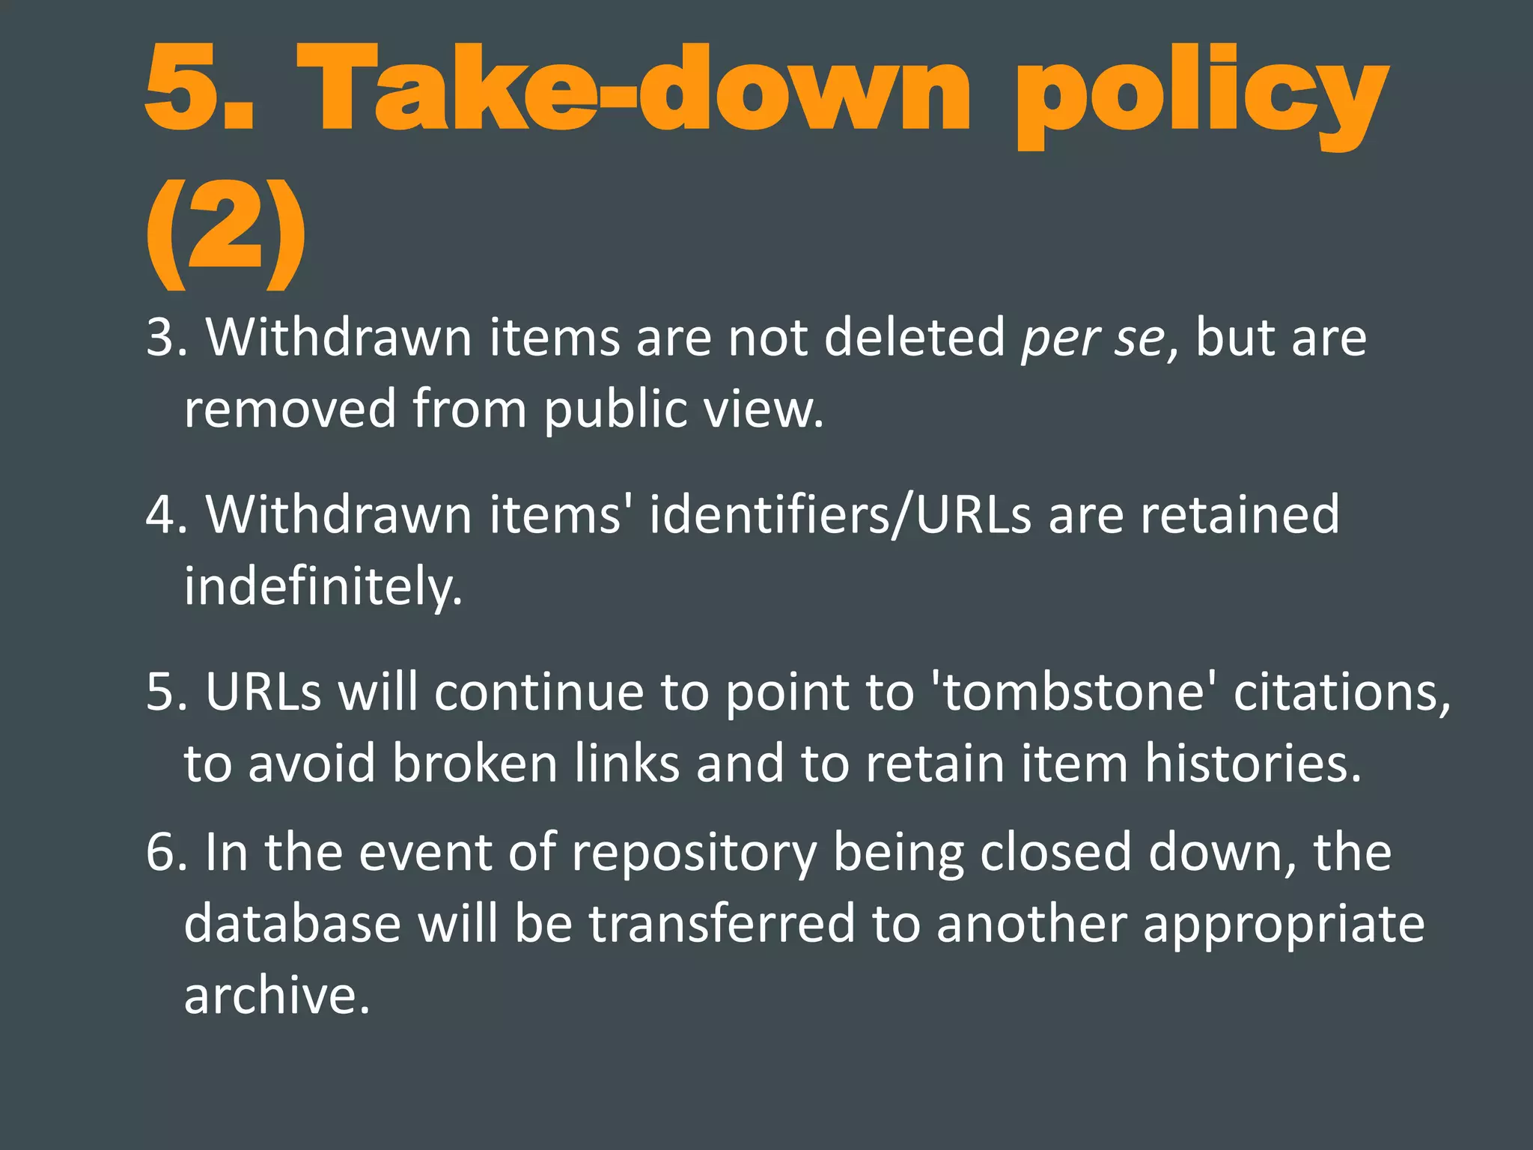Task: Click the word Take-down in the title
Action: (633, 90)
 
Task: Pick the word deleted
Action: (914, 338)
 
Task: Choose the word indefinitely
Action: (323, 587)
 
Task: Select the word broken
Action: (475, 764)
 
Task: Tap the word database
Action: (292, 924)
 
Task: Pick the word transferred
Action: (722, 924)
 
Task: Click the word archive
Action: (277, 996)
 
